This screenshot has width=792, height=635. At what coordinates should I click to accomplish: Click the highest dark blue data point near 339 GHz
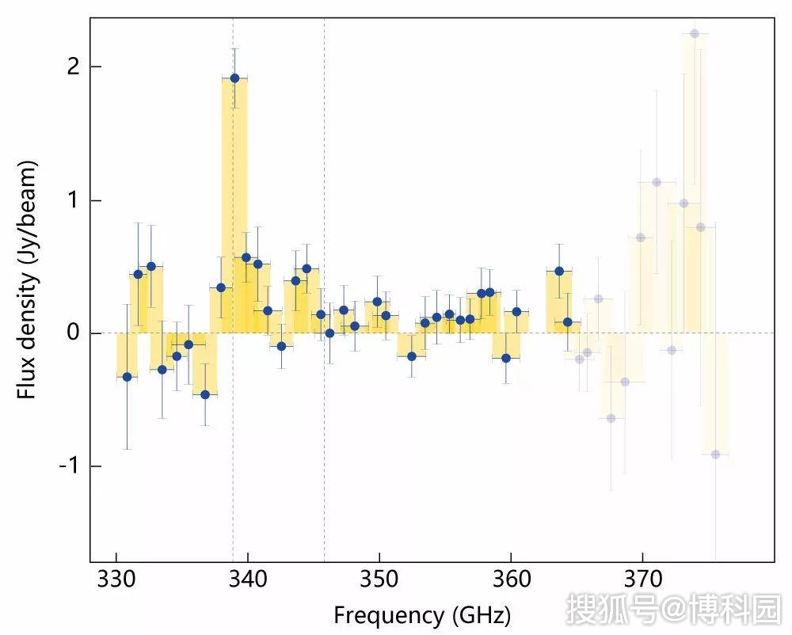pos(234,78)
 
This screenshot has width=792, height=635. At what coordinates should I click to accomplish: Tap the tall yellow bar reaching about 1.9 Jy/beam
pos(234,206)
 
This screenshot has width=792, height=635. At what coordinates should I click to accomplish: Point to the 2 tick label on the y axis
pos(74,67)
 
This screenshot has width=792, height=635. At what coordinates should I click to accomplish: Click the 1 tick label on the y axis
pos(74,200)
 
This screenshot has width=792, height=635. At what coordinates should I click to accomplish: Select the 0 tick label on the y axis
pos(74,333)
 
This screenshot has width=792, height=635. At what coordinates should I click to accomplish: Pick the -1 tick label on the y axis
pos(70,466)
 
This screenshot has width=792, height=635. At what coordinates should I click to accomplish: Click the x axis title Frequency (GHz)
pos(421,614)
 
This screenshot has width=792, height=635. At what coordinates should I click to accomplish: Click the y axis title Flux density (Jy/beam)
pos(29,279)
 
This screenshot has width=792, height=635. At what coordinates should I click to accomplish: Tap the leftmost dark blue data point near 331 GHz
pos(127,377)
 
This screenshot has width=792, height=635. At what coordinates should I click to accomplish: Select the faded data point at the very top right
pos(695,33)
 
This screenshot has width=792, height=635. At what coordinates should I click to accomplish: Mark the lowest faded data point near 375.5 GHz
pos(715,454)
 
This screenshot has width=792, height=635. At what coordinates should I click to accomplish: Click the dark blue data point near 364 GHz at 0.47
pos(559,271)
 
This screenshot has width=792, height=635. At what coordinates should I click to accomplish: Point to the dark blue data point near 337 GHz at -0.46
pos(205,394)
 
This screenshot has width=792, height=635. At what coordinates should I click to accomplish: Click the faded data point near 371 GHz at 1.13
pos(656,182)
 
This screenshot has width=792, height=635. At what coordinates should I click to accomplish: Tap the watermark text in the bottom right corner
pos(672,610)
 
